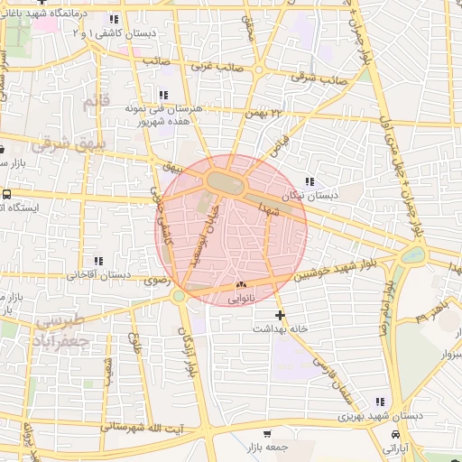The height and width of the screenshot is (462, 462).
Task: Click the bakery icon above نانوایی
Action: click(x=239, y=284)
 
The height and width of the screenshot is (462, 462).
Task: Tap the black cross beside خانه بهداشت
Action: click(x=281, y=315)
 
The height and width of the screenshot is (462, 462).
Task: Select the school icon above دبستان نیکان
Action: click(x=311, y=181)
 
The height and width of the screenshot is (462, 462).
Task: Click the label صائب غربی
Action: click(x=211, y=67)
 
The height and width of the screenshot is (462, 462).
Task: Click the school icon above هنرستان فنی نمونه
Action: click(x=163, y=94)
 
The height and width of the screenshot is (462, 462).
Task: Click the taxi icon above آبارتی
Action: click(x=397, y=434)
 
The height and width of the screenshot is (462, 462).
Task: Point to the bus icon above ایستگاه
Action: click(x=7, y=194)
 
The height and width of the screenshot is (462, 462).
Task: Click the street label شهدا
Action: click(x=273, y=208)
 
